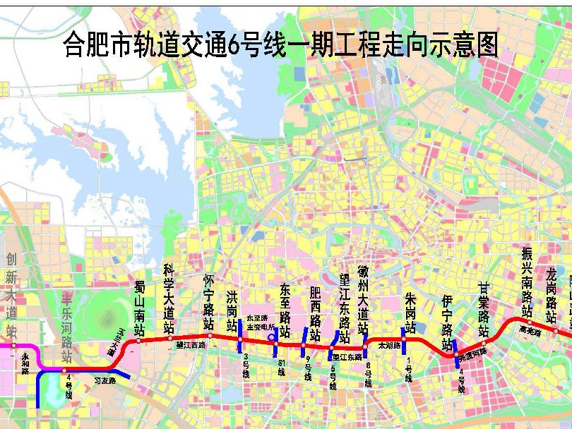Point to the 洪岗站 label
[x=232, y=310]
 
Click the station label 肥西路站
[x=315, y=313]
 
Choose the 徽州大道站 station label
[x=363, y=301]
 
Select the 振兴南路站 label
[x=527, y=282]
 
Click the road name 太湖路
[x=388, y=346]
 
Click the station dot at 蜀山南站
[x=138, y=341]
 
